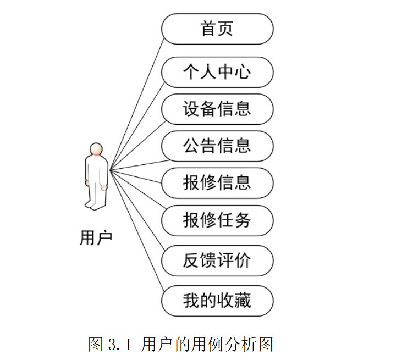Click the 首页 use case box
point(217,29)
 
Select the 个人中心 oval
point(217,72)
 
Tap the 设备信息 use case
point(217,109)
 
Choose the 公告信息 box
point(217,146)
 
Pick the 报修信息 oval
point(217,182)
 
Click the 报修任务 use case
point(217,220)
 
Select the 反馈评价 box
point(217,260)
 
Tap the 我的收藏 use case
point(217,301)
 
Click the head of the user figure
point(97,149)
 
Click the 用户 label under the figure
point(96,238)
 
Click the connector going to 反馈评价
point(136,214)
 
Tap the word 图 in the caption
point(95,345)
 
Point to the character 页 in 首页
point(225,29)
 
